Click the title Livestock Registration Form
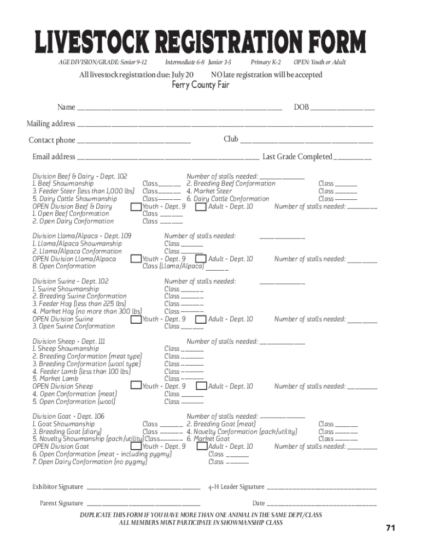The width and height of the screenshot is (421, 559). pyautogui.click(x=200, y=43)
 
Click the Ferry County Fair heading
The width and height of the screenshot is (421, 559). pyautogui.click(x=201, y=85)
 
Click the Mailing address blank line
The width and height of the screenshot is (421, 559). pyautogui.click(x=225, y=124)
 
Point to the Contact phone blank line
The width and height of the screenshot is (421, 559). pyautogui.click(x=134, y=141)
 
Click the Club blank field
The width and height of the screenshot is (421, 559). pyautogui.click(x=307, y=140)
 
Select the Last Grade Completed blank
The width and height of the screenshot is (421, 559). pyautogui.click(x=353, y=158)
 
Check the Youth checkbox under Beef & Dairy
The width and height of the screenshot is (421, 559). pyautogui.click(x=136, y=207)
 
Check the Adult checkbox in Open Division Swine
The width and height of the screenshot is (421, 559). pyautogui.click(x=201, y=319)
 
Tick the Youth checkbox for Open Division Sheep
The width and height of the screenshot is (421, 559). pyautogui.click(x=136, y=386)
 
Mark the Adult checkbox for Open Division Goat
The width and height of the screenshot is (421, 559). pyautogui.click(x=201, y=447)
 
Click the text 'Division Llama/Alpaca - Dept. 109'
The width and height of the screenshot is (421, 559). pyautogui.click(x=82, y=236)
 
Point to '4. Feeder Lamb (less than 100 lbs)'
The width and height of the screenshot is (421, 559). pyautogui.click(x=81, y=371)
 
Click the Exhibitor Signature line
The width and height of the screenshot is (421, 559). pyautogui.click(x=143, y=487)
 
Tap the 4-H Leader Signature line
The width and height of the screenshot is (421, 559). pyautogui.click(x=321, y=487)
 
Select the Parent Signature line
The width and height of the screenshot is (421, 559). pyautogui.click(x=143, y=504)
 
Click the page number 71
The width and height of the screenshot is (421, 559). pyautogui.click(x=390, y=528)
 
